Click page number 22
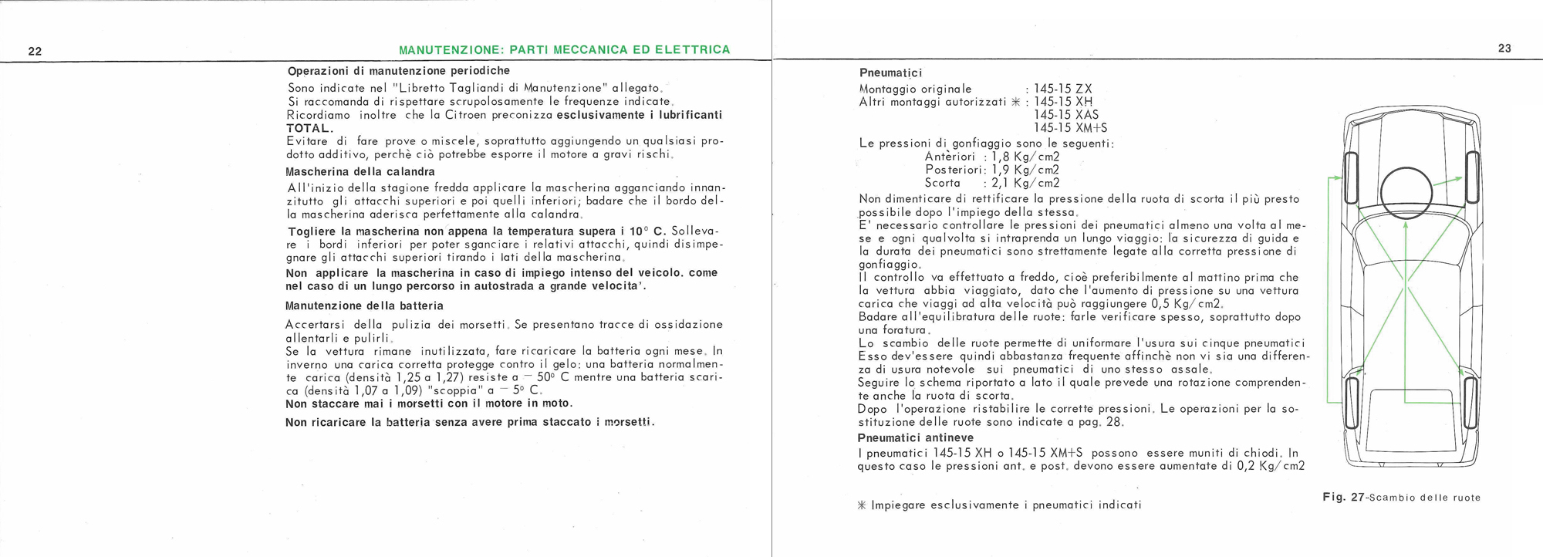click(35, 52)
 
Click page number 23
click(1504, 48)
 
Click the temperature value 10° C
click(647, 231)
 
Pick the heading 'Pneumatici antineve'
click(916, 438)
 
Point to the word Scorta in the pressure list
click(942, 183)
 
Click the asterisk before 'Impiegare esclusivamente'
click(863, 505)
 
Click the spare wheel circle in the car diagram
click(1406, 193)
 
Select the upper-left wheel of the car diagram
click(1350, 177)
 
